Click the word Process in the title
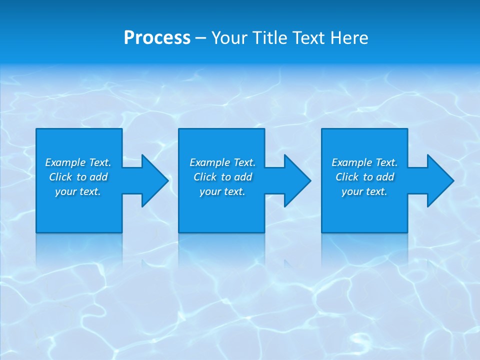click(x=157, y=38)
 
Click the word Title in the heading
click(x=269, y=38)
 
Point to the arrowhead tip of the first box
click(x=167, y=180)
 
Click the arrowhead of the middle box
click(x=298, y=180)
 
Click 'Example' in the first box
click(x=65, y=162)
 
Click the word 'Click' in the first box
click(x=60, y=177)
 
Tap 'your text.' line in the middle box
click(x=222, y=191)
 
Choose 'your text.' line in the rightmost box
click(x=364, y=191)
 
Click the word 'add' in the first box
click(x=99, y=177)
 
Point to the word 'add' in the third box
click(x=385, y=177)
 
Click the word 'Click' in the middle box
click(x=205, y=177)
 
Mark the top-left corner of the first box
click(x=36, y=129)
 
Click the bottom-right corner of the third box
click(x=407, y=232)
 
